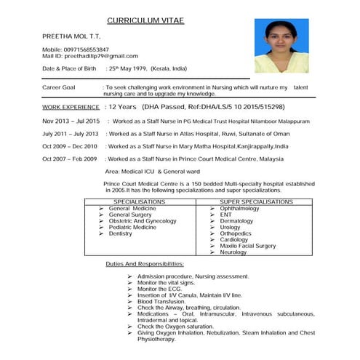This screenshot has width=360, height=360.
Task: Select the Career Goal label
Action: (x=60, y=87)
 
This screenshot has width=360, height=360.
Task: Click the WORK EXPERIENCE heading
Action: (x=71, y=107)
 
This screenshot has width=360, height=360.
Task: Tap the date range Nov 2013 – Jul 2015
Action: (x=71, y=121)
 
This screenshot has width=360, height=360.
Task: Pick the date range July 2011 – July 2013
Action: (x=71, y=134)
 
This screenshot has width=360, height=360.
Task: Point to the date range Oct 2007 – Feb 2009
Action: (x=70, y=159)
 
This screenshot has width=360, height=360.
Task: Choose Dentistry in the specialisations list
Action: (x=121, y=233)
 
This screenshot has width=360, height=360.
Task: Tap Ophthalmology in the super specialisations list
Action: (x=239, y=208)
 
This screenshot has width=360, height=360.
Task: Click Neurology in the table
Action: (x=233, y=252)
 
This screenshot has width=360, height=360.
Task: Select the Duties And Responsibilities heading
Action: (x=144, y=263)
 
